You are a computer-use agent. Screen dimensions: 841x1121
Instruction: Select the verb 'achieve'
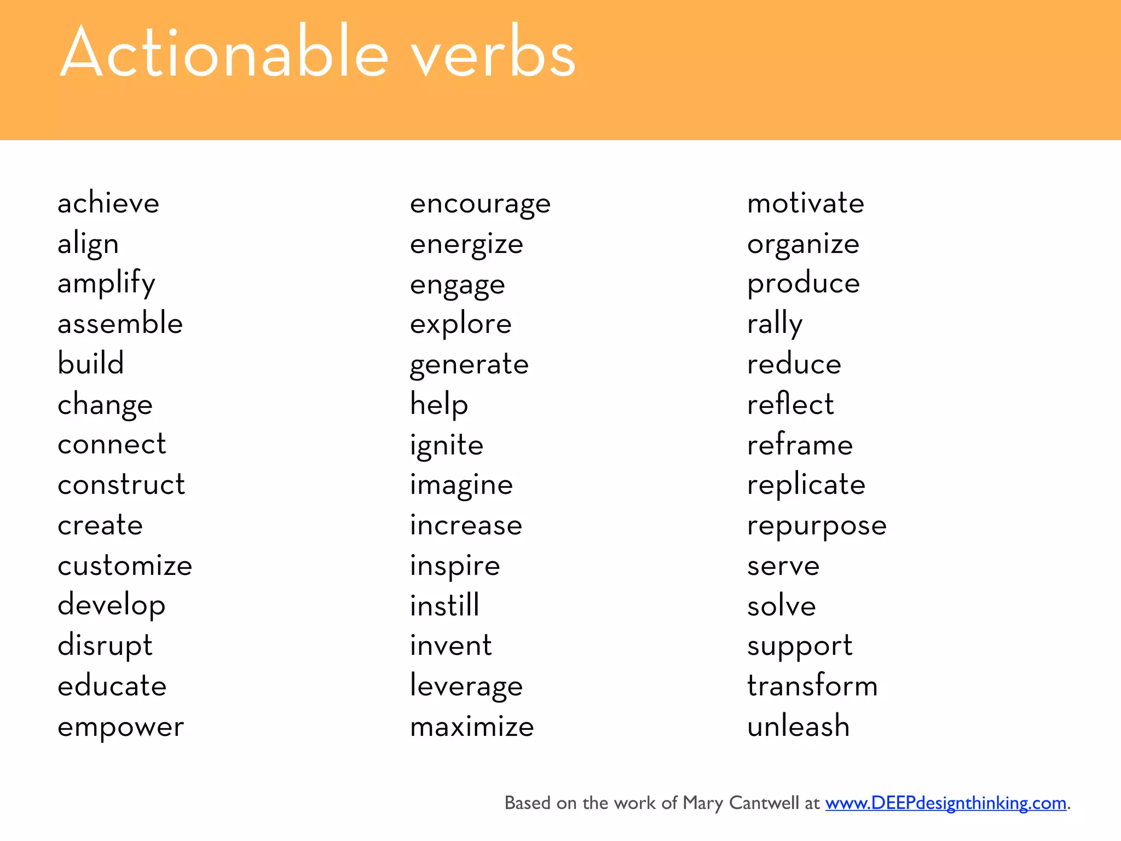click(108, 203)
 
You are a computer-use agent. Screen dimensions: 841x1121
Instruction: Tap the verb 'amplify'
click(107, 284)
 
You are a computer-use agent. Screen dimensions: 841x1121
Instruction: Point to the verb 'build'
click(91, 364)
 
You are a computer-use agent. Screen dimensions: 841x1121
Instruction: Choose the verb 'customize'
click(125, 565)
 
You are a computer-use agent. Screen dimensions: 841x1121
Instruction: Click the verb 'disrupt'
click(105, 645)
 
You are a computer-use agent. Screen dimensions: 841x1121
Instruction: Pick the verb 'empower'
click(120, 727)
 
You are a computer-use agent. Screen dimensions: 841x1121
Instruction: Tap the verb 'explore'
click(461, 324)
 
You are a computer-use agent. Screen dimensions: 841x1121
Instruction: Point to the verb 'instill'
click(444, 606)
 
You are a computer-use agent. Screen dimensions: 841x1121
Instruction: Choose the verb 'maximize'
click(472, 727)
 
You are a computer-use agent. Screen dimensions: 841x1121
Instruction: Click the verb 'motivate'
click(806, 203)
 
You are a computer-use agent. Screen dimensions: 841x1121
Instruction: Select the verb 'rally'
click(775, 324)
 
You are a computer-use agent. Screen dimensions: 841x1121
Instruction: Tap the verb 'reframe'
click(800, 444)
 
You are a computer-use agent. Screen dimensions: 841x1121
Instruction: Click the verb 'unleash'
click(799, 726)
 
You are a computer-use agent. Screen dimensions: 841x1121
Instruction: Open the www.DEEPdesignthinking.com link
click(946, 803)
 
